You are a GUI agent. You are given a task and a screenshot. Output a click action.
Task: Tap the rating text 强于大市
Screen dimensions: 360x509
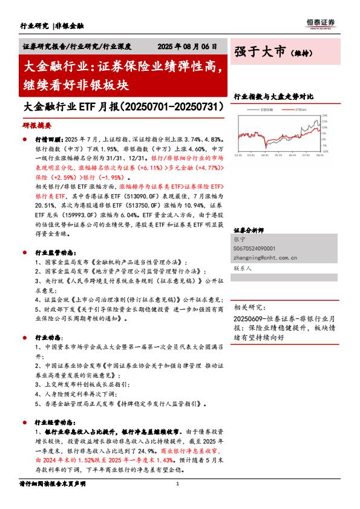(260, 53)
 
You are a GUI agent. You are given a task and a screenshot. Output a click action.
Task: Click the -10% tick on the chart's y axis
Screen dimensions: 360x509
(325, 152)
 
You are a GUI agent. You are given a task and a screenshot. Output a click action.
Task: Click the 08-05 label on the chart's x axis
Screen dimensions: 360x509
(319, 156)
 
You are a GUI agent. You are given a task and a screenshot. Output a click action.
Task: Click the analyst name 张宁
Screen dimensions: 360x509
(240, 240)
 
